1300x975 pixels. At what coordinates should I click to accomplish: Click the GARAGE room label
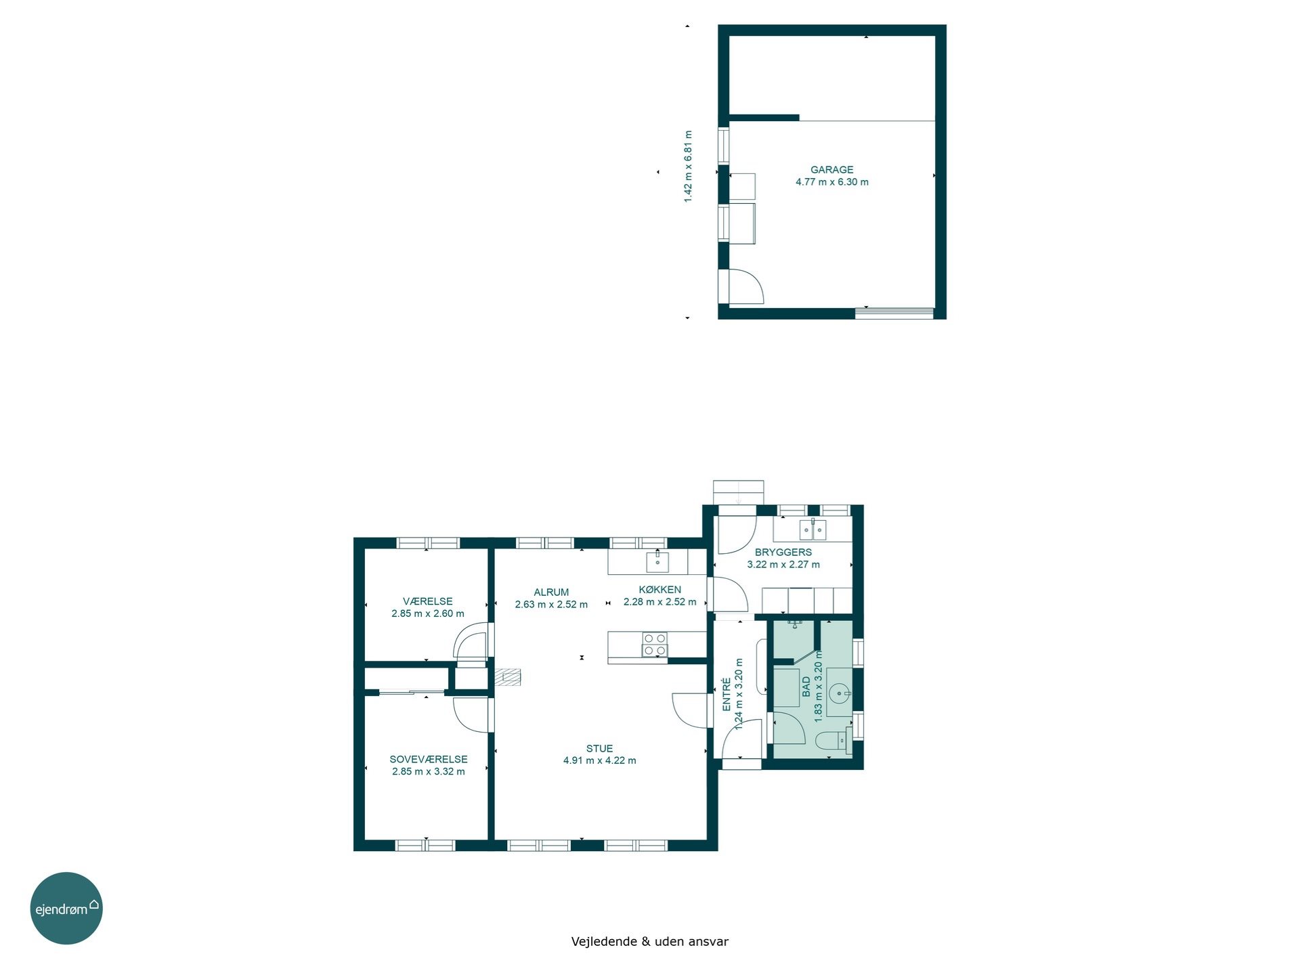click(831, 170)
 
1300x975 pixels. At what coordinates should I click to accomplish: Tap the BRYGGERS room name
click(783, 552)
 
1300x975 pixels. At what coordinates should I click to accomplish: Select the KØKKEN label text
click(659, 590)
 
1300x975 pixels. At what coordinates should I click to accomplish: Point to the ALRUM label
click(551, 592)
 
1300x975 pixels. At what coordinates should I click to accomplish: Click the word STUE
click(599, 748)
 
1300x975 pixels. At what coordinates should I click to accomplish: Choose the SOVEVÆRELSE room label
click(429, 760)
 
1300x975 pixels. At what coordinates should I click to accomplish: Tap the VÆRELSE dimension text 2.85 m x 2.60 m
click(428, 614)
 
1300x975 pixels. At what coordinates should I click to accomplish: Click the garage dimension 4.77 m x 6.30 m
click(832, 182)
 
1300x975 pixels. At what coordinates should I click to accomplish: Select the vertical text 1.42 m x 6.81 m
click(688, 167)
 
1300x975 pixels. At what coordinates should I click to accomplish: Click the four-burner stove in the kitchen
click(654, 645)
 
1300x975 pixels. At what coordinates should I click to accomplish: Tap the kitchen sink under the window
click(657, 561)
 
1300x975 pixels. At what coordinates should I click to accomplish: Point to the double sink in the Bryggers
click(812, 529)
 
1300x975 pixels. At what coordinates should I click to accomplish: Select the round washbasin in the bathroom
click(839, 693)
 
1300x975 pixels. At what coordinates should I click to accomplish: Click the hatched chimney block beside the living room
click(508, 678)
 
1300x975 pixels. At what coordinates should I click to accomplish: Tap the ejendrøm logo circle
click(66, 908)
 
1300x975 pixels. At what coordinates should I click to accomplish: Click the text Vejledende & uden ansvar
click(650, 941)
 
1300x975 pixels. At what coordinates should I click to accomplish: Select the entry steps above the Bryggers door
click(738, 492)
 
